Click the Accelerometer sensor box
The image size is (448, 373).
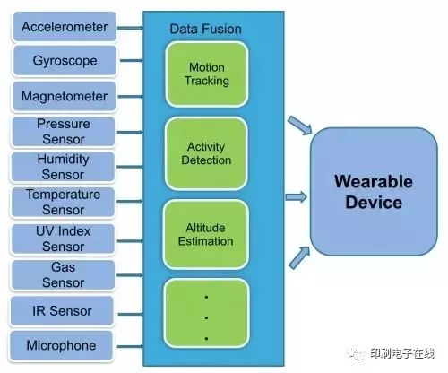pyautogui.click(x=65, y=27)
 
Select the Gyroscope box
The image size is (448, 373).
pyautogui.click(x=65, y=61)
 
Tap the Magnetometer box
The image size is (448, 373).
pyautogui.click(x=64, y=97)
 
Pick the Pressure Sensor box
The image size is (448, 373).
pyautogui.click(x=64, y=132)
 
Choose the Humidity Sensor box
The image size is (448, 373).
pyautogui.click(x=63, y=167)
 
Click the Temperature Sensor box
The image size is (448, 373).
pyautogui.click(x=63, y=202)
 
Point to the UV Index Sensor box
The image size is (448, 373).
pyautogui.click(x=63, y=239)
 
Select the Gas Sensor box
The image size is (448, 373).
pyautogui.click(x=63, y=275)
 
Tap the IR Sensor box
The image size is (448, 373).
pyautogui.click(x=62, y=311)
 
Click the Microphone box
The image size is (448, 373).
pyautogui.click(x=61, y=345)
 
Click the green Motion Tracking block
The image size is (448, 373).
pyautogui.click(x=207, y=74)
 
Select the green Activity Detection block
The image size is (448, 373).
pyautogui.click(x=206, y=153)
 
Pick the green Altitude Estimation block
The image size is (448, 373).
pyautogui.click(x=206, y=235)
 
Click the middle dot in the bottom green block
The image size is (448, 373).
pyautogui.click(x=206, y=317)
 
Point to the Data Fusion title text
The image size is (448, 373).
pyautogui.click(x=205, y=29)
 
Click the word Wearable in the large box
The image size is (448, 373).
pyautogui.click(x=374, y=181)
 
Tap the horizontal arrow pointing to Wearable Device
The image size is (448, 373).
pyautogui.click(x=297, y=197)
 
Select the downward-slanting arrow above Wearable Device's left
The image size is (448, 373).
pyautogui.click(x=300, y=126)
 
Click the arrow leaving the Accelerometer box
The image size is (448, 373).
pyautogui.click(x=130, y=28)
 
